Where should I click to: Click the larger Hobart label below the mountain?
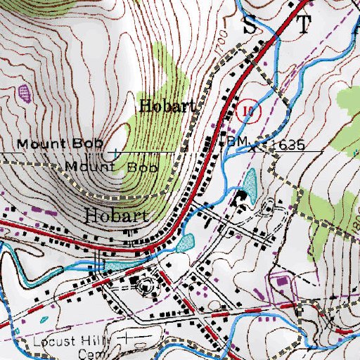point(117,215)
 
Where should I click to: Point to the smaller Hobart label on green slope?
point(166,107)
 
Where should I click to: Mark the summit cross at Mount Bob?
point(115,151)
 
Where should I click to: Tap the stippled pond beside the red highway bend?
point(184,243)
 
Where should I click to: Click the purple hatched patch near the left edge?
point(26,91)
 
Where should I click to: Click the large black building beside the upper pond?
point(243,197)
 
